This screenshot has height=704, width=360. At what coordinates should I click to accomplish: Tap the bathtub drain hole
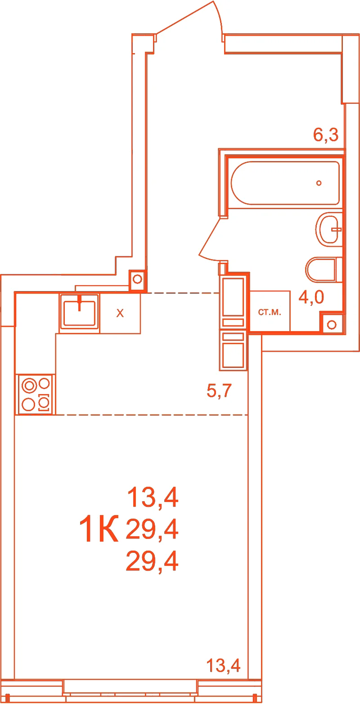click(319, 183)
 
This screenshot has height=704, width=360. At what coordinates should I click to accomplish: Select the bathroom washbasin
click(329, 229)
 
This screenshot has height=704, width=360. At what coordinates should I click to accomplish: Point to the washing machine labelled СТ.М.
click(270, 311)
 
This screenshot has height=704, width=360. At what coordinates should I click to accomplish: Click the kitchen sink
click(79, 313)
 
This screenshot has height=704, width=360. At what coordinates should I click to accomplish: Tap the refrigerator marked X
click(120, 314)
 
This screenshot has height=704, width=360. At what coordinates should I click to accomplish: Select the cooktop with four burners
click(35, 394)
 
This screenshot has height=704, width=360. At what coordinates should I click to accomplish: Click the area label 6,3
click(326, 135)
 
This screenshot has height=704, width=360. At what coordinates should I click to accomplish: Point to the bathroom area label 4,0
click(311, 297)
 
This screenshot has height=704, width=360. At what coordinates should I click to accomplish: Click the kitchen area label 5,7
click(219, 390)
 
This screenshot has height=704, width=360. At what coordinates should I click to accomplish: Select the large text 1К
click(99, 529)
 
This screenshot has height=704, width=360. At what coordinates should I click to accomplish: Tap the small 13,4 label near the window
click(223, 665)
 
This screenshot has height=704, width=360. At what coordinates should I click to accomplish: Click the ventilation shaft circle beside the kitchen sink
click(137, 279)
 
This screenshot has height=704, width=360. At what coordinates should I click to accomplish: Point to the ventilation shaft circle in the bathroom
click(332, 325)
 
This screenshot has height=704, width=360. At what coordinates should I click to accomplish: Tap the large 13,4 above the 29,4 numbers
click(153, 498)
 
